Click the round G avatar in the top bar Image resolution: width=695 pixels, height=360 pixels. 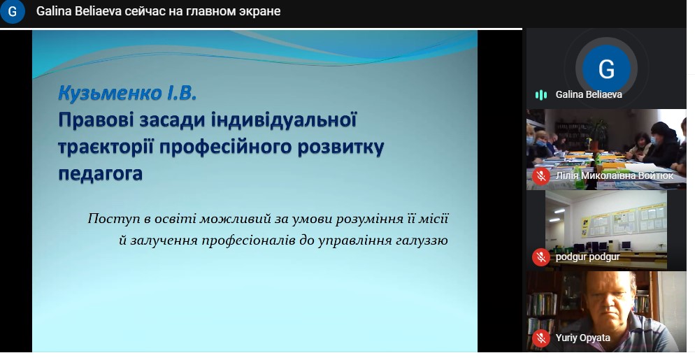(13, 11)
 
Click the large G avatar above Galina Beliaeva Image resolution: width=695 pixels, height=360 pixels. (606, 69)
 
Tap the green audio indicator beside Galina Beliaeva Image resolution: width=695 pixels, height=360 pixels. (540, 94)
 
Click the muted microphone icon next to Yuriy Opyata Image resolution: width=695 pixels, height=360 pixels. (540, 338)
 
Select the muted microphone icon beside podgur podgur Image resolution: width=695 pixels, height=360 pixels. (540, 257)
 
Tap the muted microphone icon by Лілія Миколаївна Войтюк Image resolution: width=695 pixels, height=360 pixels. (540, 176)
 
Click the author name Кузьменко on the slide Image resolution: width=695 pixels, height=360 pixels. (110, 93)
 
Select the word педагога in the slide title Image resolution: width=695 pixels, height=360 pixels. (100, 173)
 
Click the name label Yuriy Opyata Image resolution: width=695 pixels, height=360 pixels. (583, 338)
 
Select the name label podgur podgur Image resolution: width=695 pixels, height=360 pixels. (588, 257)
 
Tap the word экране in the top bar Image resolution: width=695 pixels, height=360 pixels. (261, 11)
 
